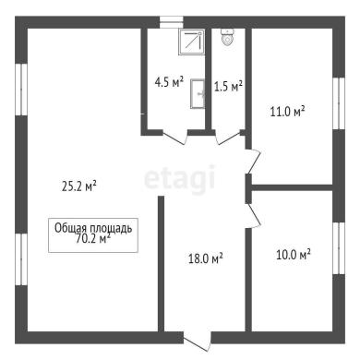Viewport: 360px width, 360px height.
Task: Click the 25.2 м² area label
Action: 79,186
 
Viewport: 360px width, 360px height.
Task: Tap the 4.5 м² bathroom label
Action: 169,82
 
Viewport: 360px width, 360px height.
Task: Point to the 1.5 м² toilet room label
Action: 228,87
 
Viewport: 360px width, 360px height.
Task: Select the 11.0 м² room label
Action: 287,111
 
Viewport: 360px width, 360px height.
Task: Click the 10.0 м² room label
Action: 294,254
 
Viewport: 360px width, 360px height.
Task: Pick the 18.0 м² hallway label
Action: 205,258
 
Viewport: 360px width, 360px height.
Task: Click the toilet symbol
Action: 228,38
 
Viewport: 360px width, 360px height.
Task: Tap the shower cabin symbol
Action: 191,42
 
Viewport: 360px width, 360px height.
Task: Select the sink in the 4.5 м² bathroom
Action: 198,94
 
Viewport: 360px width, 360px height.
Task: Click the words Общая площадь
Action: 93,228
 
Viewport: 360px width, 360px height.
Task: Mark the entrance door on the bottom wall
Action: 198,341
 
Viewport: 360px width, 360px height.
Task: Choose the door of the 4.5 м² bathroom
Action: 175,137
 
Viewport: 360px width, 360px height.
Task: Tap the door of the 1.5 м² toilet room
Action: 228,138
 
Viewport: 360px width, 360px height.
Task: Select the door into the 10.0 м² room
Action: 254,216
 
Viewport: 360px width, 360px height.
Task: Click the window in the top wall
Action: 172,22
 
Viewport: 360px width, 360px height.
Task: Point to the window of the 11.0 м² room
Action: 339,103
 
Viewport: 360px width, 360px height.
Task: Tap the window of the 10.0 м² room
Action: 339,248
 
